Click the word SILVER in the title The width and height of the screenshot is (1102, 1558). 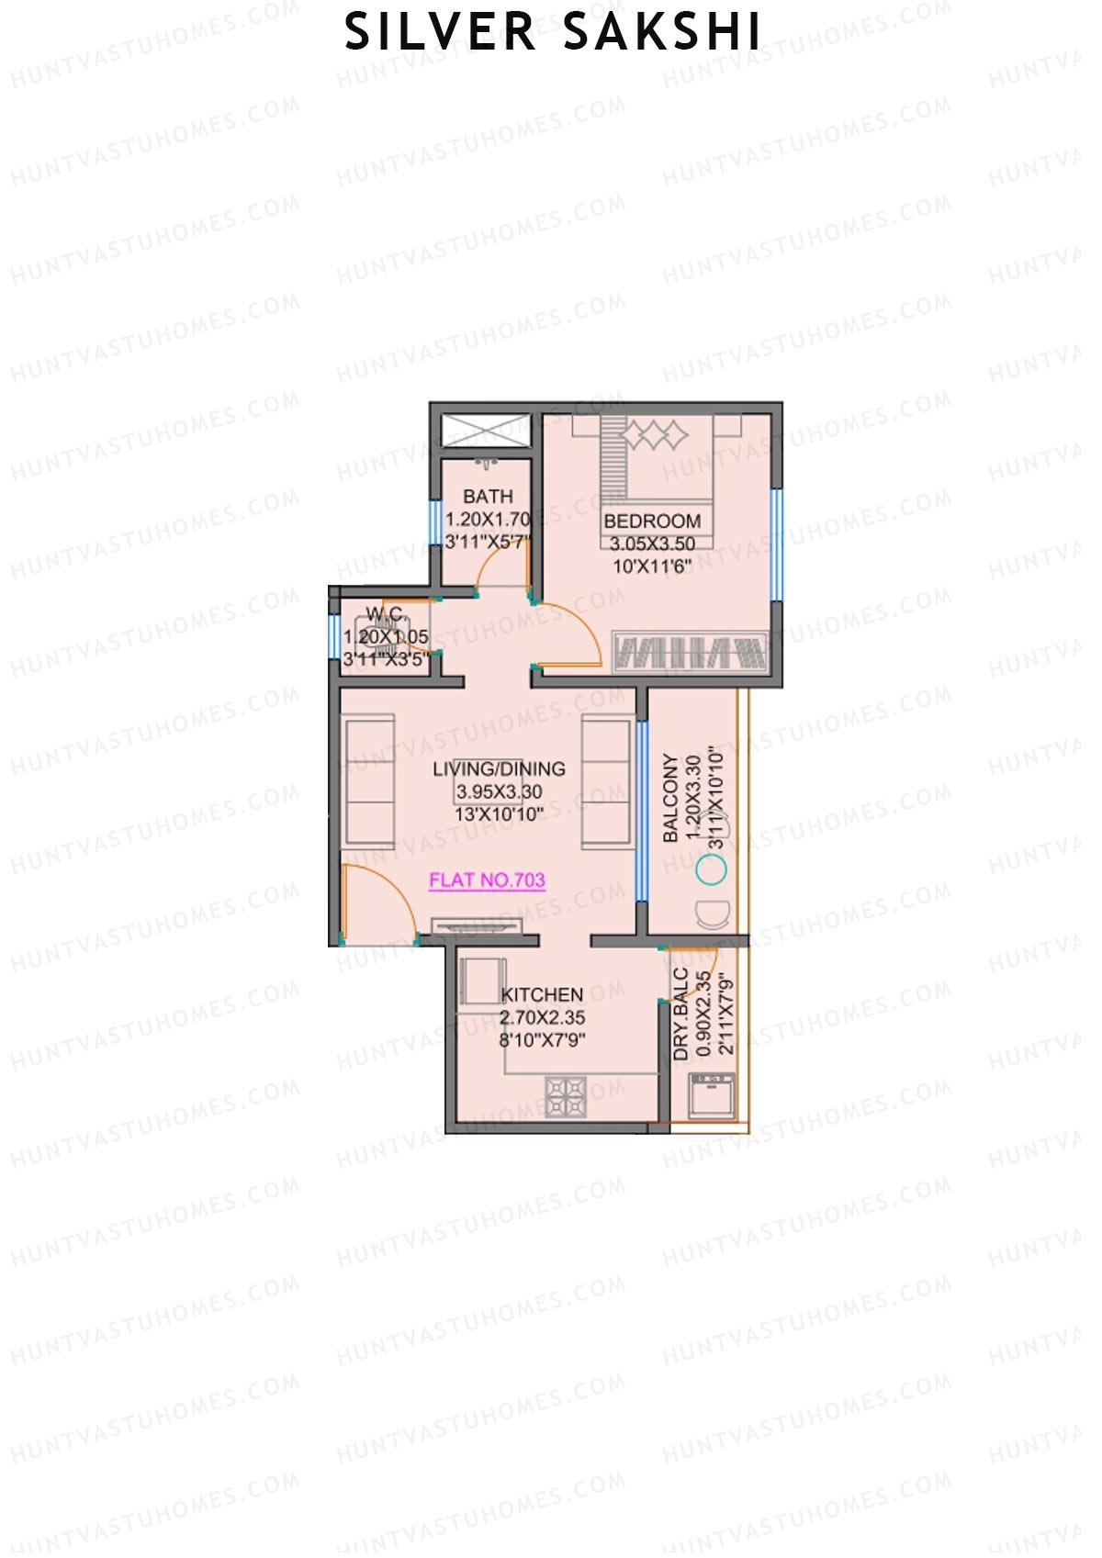(x=440, y=32)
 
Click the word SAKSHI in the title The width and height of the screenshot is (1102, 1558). (x=661, y=32)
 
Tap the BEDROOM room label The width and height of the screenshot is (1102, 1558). (x=652, y=521)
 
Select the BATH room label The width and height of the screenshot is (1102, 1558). (x=488, y=497)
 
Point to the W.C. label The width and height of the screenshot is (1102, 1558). (x=386, y=614)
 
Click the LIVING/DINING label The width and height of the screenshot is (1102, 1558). (x=499, y=769)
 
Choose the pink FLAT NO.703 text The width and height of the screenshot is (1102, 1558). (x=487, y=880)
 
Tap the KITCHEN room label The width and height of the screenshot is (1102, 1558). (x=542, y=995)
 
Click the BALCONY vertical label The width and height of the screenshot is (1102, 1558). (x=671, y=799)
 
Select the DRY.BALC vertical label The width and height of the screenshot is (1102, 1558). (x=680, y=1014)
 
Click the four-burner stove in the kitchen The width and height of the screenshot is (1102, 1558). (x=566, y=1096)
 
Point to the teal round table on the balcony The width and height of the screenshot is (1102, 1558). (x=711, y=869)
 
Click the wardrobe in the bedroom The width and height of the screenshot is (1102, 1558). (x=690, y=653)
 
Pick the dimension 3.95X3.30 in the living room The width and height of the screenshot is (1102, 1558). (x=499, y=792)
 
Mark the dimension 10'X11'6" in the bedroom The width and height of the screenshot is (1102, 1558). (x=652, y=566)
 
